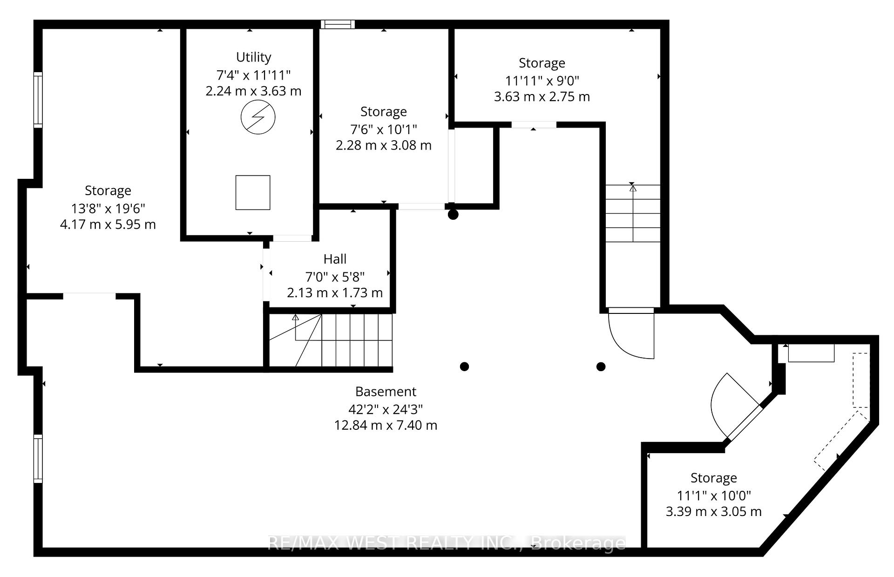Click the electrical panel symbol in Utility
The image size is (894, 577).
pos(258,117)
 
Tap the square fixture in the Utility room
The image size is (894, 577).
pos(253,192)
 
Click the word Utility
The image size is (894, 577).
pos(253,57)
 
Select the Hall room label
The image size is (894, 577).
pos(335,259)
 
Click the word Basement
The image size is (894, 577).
pos(386,392)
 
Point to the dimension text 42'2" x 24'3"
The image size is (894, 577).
pos(386,409)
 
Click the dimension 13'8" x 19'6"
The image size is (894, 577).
pos(108,208)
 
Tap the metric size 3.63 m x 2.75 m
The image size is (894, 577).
pos(542,97)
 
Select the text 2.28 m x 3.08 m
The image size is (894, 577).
pos(383,145)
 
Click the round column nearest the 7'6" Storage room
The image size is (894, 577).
pos(453,215)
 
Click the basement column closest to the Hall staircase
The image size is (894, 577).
pos(464,367)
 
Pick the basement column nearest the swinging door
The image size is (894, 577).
pos(601,367)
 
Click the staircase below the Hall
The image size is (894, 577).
pos(331,340)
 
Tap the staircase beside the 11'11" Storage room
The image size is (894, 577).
pos(633,213)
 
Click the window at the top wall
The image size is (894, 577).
pos(338,24)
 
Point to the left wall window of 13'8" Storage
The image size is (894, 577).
pos(38,100)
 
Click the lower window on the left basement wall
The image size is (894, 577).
pos(38,459)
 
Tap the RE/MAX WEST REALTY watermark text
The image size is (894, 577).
pos(447,543)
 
